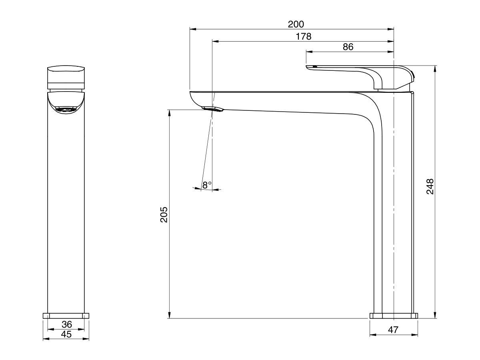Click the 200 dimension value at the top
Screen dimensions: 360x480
(296, 24)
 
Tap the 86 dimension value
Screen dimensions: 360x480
(348, 46)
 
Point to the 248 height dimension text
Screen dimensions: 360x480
(430, 186)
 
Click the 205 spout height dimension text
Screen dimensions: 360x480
(164, 215)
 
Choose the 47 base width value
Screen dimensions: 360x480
(394, 330)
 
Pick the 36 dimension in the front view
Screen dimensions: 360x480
(66, 325)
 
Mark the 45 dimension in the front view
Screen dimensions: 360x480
(66, 334)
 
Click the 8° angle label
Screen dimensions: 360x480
(206, 185)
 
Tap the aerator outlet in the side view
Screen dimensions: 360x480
(212, 108)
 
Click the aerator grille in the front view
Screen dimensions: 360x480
(66, 109)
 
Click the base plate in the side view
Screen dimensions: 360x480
(394, 316)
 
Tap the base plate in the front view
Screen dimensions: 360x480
(66, 316)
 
